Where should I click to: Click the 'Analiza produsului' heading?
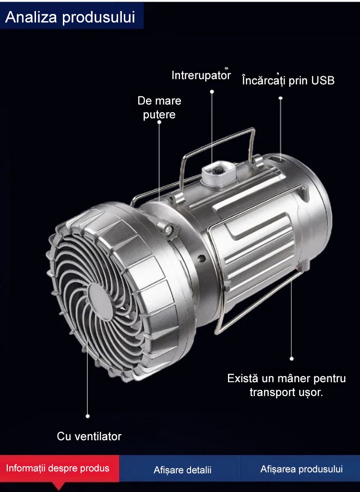tap(70, 17)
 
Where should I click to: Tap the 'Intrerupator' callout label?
tap(201, 75)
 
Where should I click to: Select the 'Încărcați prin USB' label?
tap(288, 81)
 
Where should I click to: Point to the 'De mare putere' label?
tap(159, 107)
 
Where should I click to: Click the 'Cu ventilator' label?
tap(89, 436)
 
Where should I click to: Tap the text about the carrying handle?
tap(287, 385)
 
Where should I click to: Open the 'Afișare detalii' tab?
tap(182, 470)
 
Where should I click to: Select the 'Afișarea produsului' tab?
tap(301, 469)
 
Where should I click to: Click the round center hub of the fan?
tap(100, 302)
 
